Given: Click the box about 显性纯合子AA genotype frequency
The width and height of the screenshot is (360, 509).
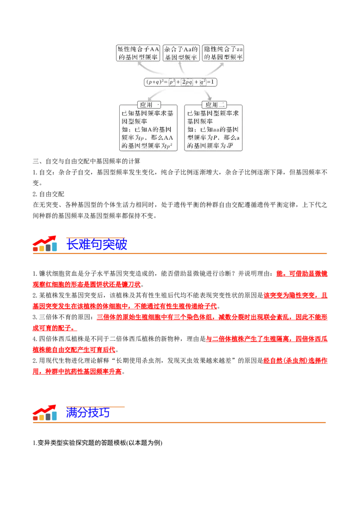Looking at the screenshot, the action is coord(138,53).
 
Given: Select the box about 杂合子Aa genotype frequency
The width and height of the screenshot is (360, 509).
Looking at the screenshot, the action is coord(181,53).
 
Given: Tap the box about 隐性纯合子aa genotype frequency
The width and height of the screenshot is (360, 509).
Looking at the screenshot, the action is coord(224,53).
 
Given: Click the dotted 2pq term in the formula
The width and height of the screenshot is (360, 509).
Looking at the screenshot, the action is coord(187,82).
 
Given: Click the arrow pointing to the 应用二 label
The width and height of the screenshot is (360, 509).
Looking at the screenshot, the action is coord(207,94).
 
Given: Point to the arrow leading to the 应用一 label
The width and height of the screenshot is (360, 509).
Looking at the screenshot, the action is coord(153,94).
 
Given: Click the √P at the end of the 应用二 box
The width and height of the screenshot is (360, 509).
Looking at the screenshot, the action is coord(229,146).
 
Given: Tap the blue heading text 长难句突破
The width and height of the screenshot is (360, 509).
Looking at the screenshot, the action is coord(97,245).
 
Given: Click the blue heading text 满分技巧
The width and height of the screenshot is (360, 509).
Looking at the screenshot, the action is coord(88,413).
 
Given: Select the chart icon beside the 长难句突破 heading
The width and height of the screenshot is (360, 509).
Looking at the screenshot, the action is coord(45,243).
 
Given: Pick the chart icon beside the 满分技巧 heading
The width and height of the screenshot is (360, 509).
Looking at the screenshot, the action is coord(45,412).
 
